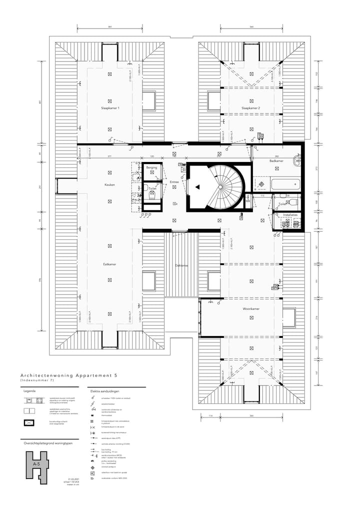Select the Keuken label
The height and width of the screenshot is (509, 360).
click(x=109, y=185)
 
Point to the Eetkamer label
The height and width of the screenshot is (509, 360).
click(x=109, y=264)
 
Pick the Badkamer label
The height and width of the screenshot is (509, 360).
click(x=276, y=161)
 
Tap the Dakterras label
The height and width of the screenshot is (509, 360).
click(x=181, y=265)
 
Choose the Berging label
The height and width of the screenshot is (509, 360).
click(x=151, y=167)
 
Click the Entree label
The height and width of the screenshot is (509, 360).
click(x=174, y=182)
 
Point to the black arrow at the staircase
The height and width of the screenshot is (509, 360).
click(x=198, y=187)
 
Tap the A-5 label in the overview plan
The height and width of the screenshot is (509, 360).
click(x=35, y=464)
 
